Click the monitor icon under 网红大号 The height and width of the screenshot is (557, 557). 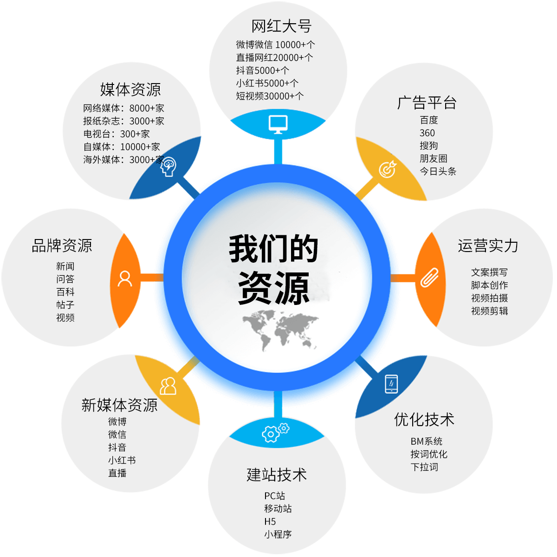[x=278, y=124]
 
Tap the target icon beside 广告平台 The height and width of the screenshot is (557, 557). [x=388, y=169]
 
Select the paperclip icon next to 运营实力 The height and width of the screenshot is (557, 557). [x=429, y=278]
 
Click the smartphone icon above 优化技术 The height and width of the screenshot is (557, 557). [x=391, y=384]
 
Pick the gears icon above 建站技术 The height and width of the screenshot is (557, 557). [x=275, y=433]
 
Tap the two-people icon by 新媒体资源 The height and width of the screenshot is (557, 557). [x=168, y=386]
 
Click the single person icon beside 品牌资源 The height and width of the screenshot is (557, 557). [x=125, y=278]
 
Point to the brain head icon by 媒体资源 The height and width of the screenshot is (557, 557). [x=168, y=167]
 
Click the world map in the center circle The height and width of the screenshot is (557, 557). [x=280, y=330]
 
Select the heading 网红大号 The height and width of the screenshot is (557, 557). [x=281, y=26]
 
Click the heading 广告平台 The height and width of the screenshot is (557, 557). [x=427, y=103]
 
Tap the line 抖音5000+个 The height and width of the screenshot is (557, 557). [x=262, y=70]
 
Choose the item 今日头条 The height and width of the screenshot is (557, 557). [x=438, y=171]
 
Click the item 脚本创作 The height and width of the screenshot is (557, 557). [x=489, y=285]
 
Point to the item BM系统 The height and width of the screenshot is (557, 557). [x=427, y=441]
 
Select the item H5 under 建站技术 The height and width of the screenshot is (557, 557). [x=270, y=521]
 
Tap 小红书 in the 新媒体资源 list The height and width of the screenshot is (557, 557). [x=122, y=460]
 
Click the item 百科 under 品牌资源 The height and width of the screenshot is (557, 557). [x=65, y=292]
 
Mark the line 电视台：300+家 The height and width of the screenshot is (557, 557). [x=117, y=134]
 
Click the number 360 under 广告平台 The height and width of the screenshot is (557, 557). [x=427, y=133]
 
